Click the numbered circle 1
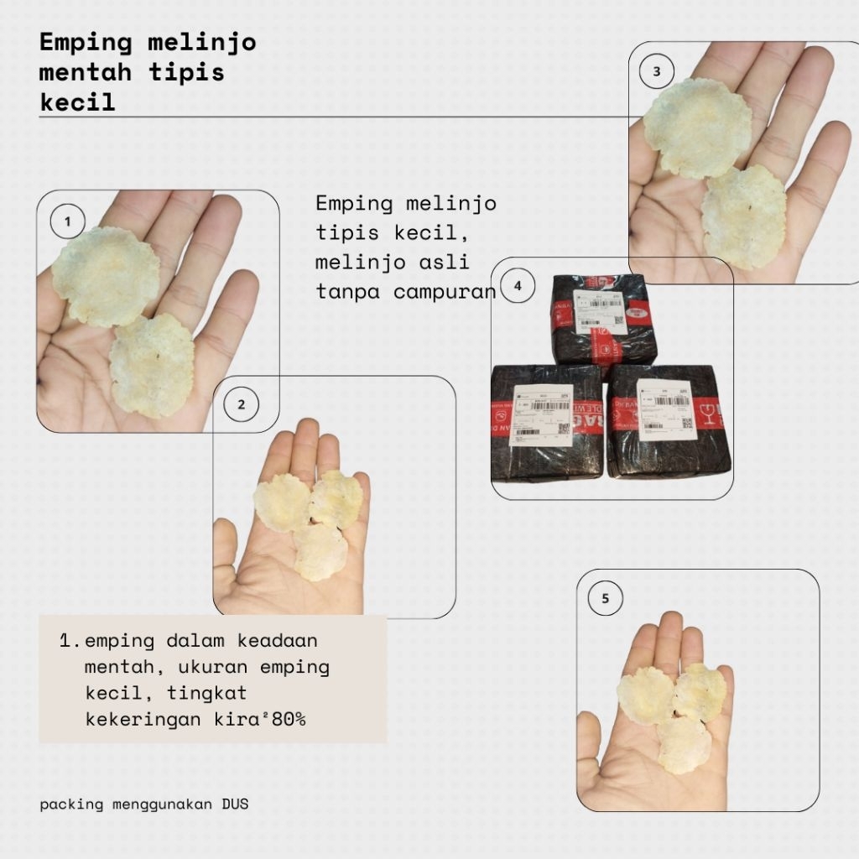pyautogui.click(x=68, y=222)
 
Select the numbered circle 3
pyautogui.click(x=657, y=72)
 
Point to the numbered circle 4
pyautogui.click(x=518, y=286)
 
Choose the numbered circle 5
pyautogui.click(x=606, y=598)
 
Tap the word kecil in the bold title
pyautogui.click(x=77, y=102)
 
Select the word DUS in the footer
pyautogui.click(x=235, y=804)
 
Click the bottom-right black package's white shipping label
pyautogui.click(x=666, y=409)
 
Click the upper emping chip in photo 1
pyautogui.click(x=106, y=275)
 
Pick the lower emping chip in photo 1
pyautogui.click(x=153, y=365)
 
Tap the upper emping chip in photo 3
pyautogui.click(x=697, y=128)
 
